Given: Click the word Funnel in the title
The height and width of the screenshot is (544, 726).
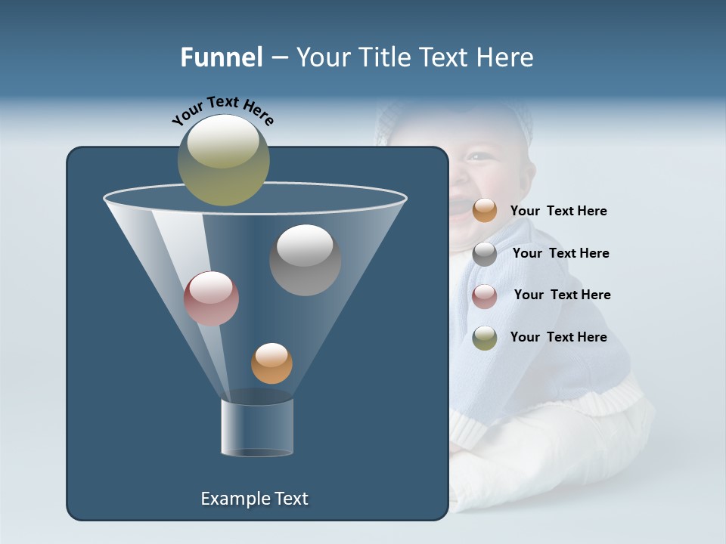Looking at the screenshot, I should tap(222, 57).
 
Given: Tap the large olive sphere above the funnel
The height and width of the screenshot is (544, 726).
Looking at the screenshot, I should tap(223, 160).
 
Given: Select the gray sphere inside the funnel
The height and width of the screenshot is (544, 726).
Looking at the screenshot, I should tap(305, 260).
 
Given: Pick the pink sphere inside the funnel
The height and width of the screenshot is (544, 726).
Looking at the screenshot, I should tap(211, 298).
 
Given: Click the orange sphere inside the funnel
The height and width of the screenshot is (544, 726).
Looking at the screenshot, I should tap(271, 363).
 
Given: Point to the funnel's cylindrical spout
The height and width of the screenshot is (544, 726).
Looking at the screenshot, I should tap(257, 427).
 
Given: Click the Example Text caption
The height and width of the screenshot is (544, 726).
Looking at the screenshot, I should tap(254, 499).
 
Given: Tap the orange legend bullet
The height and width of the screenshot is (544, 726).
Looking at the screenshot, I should tap(485, 211).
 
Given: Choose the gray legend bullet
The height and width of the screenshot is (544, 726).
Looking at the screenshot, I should tap(485, 254).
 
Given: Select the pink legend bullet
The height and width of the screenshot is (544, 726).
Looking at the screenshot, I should tap(485, 296).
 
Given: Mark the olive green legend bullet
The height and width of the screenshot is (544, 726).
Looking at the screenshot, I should tap(485, 338).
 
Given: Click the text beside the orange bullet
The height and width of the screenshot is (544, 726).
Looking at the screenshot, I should tap(558, 212).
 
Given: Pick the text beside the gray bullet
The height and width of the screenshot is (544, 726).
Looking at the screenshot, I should tap(560, 254).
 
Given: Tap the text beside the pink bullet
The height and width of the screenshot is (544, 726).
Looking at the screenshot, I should tap(562, 295).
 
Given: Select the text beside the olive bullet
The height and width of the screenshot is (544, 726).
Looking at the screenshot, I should tap(558, 338).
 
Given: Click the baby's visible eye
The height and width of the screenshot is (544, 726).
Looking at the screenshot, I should tap(477, 156).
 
